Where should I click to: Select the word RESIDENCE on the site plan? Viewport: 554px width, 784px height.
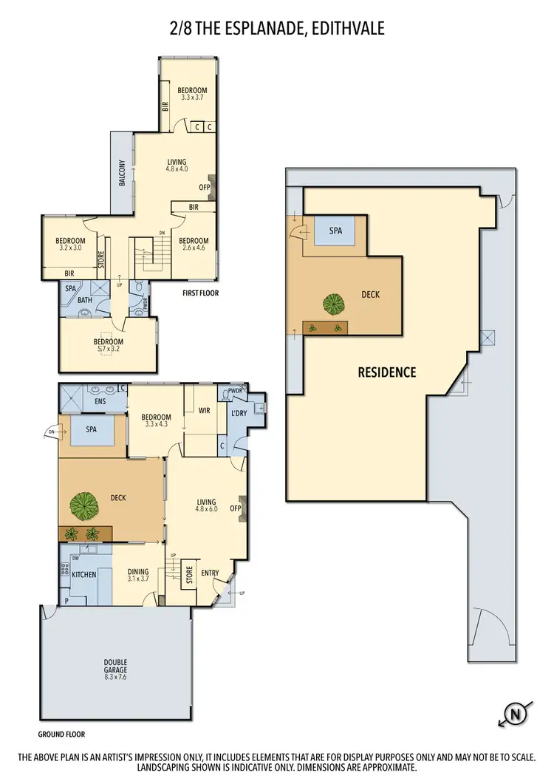coord(387,372)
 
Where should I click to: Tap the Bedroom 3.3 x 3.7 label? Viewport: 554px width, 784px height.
coord(191,95)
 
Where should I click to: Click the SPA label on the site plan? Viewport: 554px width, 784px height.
coord(336,231)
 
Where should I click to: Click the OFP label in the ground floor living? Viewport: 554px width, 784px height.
coord(236,508)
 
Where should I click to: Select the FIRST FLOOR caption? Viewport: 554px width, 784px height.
coord(202,293)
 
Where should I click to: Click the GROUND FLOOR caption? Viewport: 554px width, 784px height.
coord(62,734)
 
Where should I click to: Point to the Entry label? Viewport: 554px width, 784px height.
coord(210,573)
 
